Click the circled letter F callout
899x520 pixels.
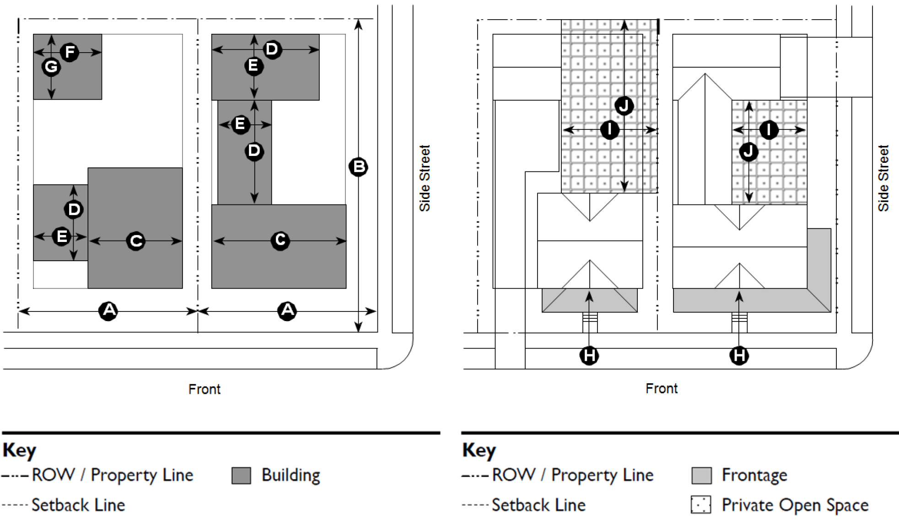pos(70,52)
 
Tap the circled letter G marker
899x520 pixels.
pos(51,67)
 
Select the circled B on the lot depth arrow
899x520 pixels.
pos(358,167)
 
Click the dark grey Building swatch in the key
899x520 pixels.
pos(241,475)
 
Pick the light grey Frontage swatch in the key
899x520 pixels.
pos(701,475)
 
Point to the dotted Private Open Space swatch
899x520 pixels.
pos(701,505)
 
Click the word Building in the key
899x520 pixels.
pos(291,475)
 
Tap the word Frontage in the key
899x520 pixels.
pos(754,475)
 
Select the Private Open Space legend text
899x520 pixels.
pos(795,505)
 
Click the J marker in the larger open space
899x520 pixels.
pos(624,106)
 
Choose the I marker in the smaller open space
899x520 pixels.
pos(769,130)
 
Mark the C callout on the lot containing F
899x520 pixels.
pos(136,241)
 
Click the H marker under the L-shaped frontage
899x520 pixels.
pos(739,355)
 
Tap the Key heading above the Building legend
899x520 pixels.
pos(19,450)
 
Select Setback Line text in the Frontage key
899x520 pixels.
pos(538,505)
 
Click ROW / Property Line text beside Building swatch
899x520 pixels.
pos(113,475)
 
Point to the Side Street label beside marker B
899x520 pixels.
pos(425,178)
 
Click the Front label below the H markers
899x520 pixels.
pos(662,389)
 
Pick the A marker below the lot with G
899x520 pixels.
pos(108,311)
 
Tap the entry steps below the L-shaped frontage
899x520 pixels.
pos(739,317)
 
